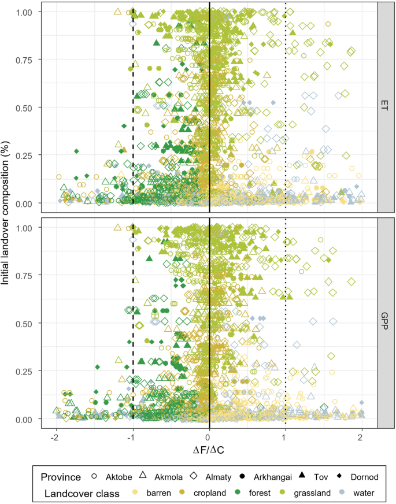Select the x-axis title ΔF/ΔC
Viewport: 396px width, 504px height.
pos(209,449)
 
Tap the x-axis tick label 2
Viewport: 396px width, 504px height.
pos(362,436)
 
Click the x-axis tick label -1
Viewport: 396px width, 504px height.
pos(132,436)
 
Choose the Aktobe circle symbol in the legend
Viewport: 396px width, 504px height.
pos(95,477)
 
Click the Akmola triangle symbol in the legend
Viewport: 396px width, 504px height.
pos(146,477)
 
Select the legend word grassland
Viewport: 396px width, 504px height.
pos(309,492)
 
